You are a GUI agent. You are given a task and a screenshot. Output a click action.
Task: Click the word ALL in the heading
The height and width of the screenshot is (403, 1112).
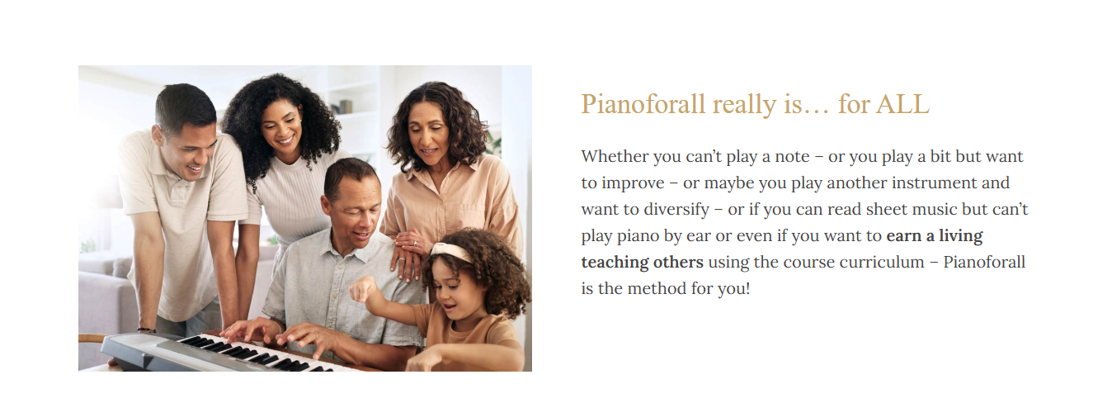pos(902,104)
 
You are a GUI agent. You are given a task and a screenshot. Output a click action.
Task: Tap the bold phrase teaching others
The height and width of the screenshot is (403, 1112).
pos(643,262)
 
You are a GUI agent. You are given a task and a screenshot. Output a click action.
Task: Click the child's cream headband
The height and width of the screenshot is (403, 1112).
pos(451,251)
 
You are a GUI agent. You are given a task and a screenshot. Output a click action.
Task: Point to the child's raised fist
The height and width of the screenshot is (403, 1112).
pos(364,290)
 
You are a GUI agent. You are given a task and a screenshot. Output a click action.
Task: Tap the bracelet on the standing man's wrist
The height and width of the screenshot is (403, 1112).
pos(147,330)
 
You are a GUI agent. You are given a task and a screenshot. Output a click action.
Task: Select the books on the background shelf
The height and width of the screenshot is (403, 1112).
pos(342,107)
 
